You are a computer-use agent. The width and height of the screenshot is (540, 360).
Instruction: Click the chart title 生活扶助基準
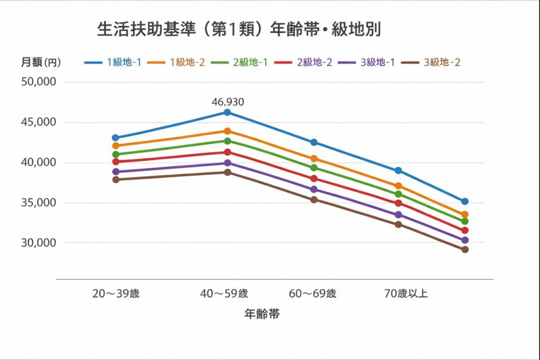(x=241, y=30)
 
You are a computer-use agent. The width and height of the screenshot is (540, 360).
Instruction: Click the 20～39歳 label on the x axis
(x=116, y=294)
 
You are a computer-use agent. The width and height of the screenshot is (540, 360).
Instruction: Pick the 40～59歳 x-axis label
(x=225, y=294)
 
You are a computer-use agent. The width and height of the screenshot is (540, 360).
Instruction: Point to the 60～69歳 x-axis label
(x=313, y=294)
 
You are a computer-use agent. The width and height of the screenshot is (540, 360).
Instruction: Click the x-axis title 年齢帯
(x=262, y=314)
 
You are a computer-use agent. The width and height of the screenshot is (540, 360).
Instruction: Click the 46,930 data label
(x=227, y=103)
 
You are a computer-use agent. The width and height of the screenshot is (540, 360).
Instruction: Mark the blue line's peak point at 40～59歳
(x=227, y=112)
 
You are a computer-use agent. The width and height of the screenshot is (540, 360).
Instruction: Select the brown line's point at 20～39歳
(x=115, y=180)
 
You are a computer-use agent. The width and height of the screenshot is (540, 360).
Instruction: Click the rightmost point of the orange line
(x=465, y=215)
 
